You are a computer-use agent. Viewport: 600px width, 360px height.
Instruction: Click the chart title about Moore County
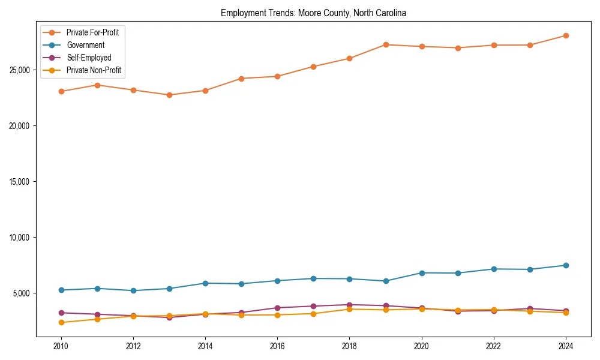(313, 13)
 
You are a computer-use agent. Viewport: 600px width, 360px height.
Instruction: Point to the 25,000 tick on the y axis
(20, 70)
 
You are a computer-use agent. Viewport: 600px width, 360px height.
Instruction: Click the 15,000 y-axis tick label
(20, 182)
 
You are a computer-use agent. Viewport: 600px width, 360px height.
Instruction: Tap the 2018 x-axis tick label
(349, 346)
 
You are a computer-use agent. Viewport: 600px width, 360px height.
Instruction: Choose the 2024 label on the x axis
(566, 346)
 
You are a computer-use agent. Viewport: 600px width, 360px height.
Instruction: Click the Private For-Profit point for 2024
(566, 36)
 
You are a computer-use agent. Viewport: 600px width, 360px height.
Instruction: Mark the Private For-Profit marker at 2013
(169, 95)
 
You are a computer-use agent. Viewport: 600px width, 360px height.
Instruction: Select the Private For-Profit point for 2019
(386, 45)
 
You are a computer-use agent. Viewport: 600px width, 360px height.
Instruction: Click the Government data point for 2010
(61, 290)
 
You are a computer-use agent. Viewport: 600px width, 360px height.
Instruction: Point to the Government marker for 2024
(566, 265)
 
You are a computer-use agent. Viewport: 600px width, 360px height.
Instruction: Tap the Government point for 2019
(386, 281)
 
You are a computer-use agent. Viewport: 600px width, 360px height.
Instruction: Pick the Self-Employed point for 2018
(349, 305)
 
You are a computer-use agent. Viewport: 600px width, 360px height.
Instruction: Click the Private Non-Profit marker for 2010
(61, 323)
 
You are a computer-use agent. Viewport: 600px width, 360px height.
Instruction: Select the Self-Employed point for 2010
(61, 313)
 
